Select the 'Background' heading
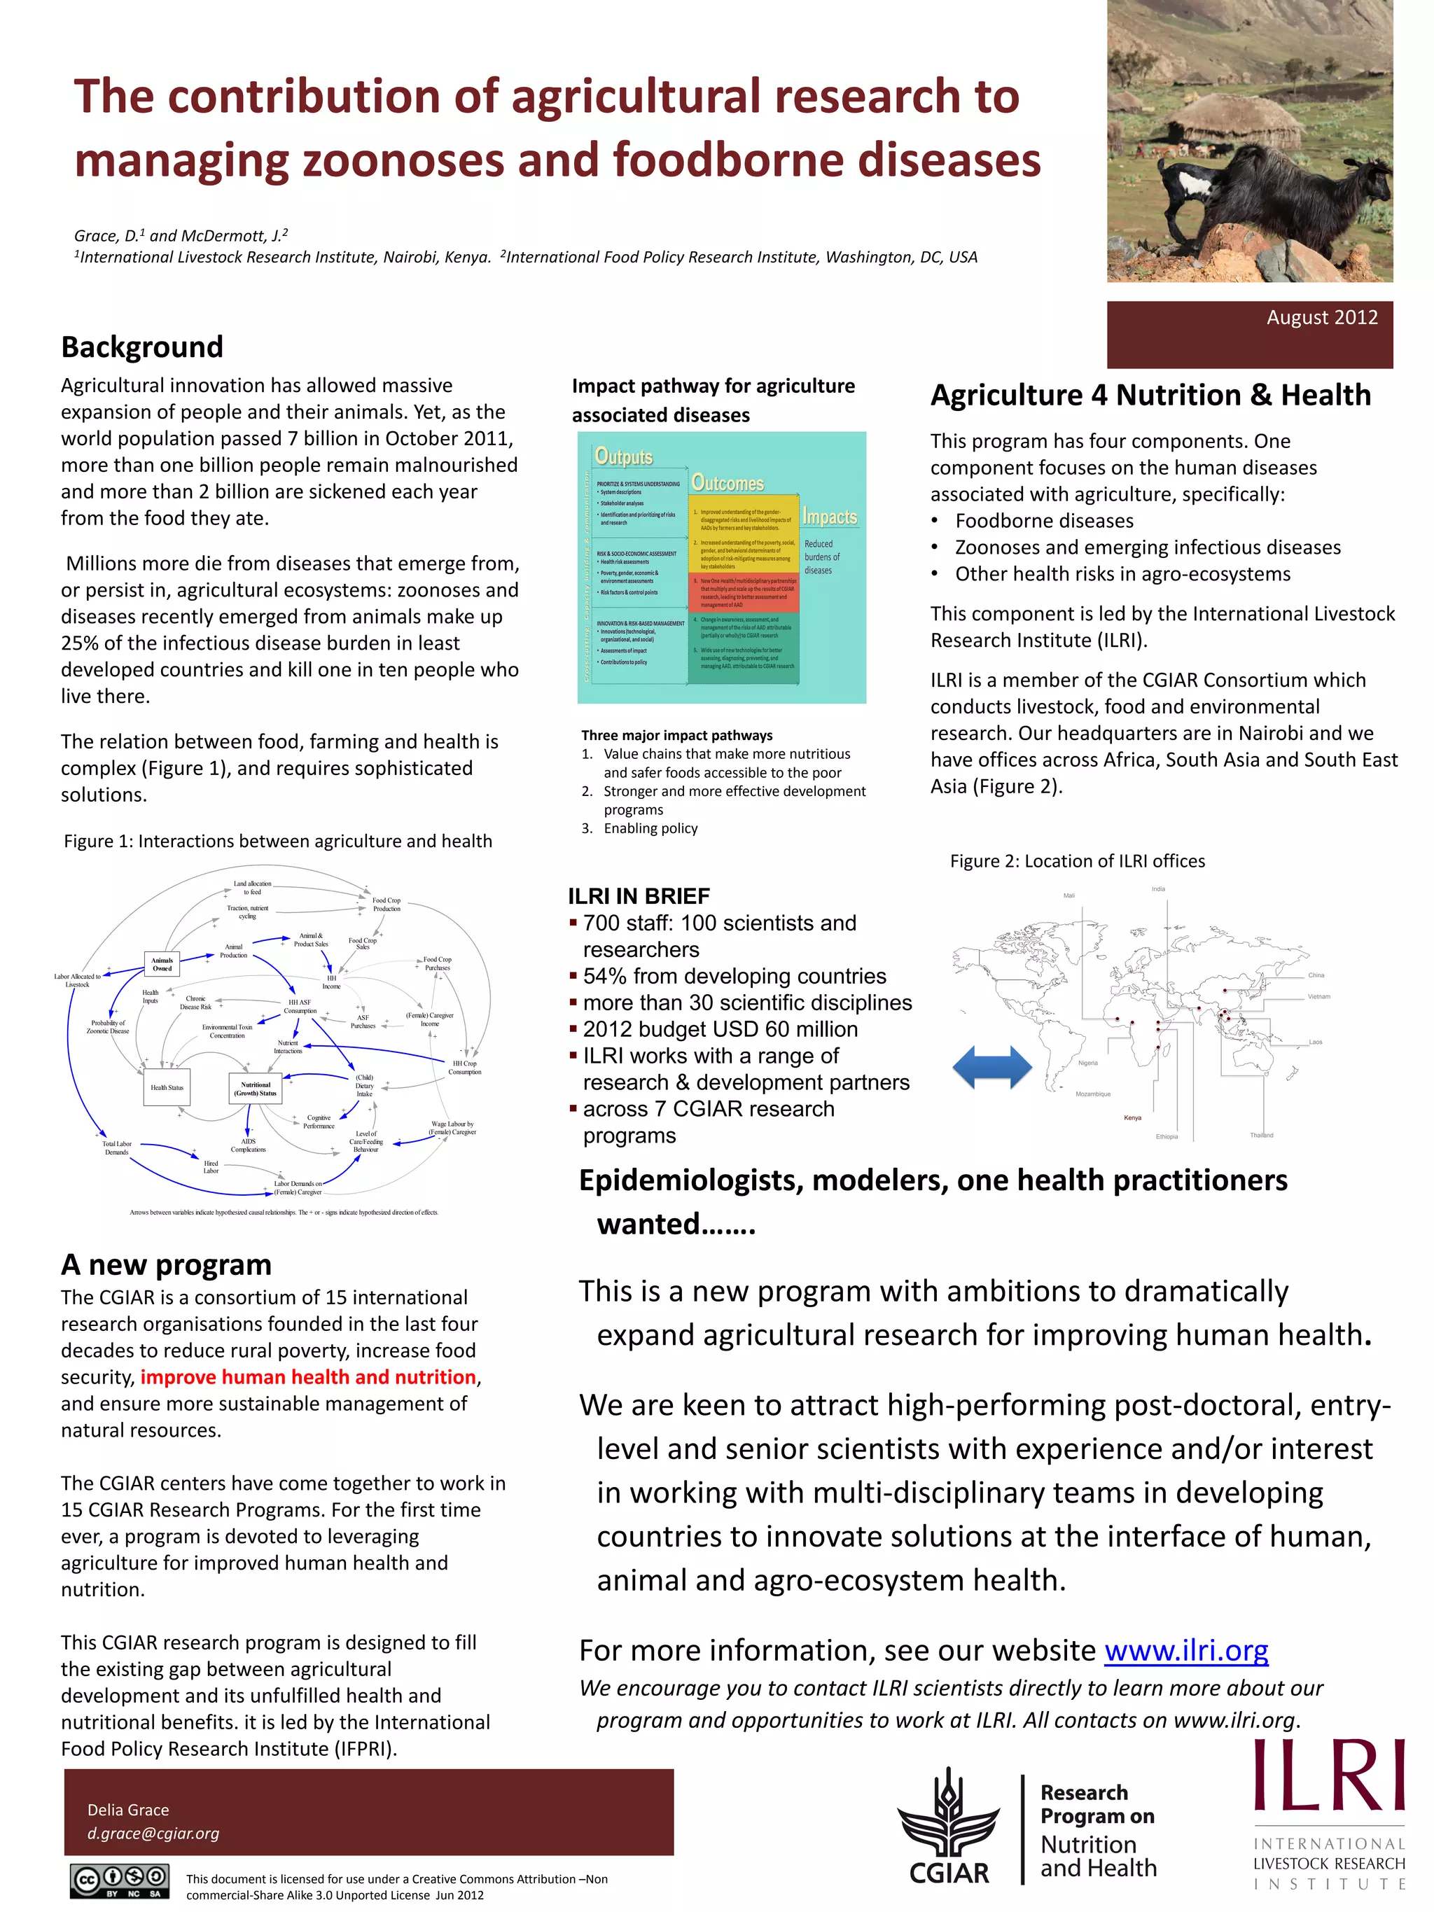coord(141,347)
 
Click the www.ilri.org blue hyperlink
coord(1186,1650)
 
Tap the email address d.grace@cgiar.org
coord(153,1834)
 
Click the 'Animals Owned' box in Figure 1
coord(162,964)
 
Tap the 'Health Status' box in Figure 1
coord(167,1087)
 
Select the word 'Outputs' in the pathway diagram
coord(623,456)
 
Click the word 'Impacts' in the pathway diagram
coord(829,517)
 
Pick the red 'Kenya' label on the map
coord(1132,1117)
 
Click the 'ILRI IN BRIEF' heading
coord(638,895)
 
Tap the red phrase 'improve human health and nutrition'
coord(307,1377)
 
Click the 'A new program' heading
coord(166,1264)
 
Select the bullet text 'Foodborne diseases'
coord(1043,520)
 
